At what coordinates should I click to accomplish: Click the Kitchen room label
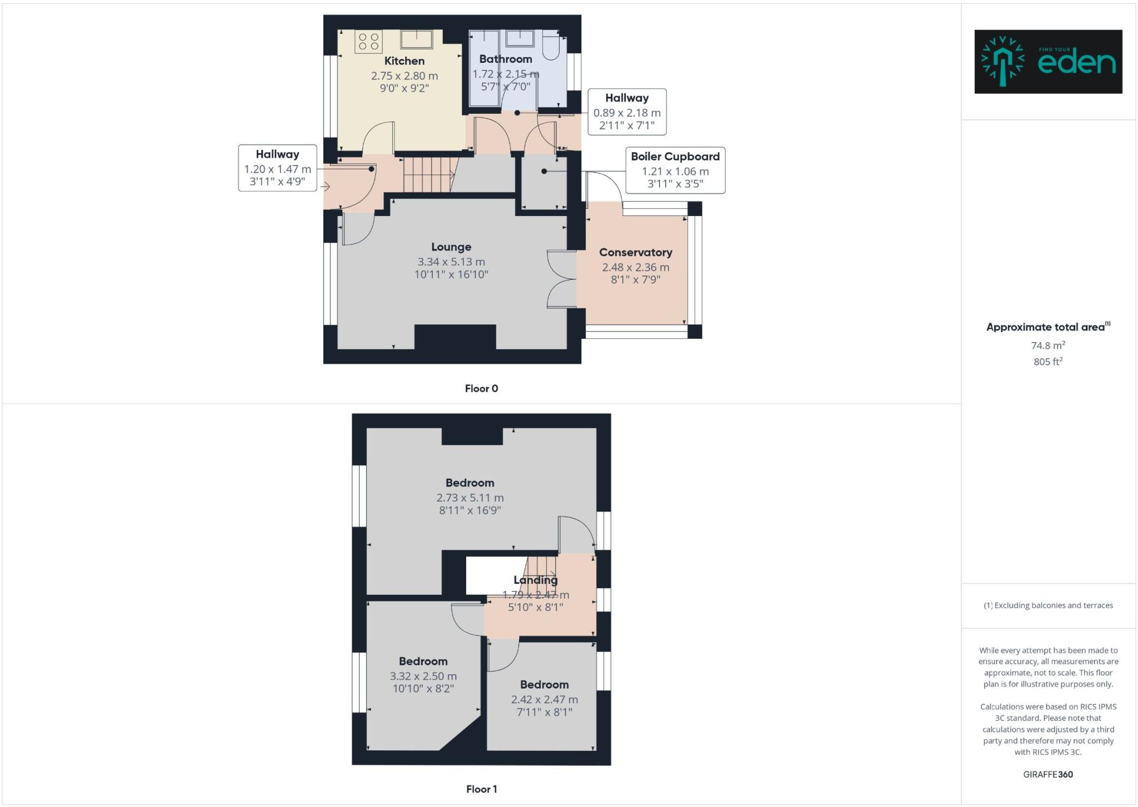[404, 61]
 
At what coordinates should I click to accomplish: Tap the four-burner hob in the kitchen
[368, 42]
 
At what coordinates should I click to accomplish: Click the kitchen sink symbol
[417, 39]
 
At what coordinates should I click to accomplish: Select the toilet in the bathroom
[552, 47]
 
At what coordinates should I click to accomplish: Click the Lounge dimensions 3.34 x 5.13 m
[451, 262]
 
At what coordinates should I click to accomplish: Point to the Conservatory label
[635, 252]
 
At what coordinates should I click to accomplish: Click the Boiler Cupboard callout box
[675, 170]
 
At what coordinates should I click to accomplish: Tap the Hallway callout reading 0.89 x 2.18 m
[627, 112]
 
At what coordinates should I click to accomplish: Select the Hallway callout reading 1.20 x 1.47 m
[277, 168]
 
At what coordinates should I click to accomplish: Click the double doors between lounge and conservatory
[561, 279]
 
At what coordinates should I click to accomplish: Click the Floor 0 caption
[481, 389]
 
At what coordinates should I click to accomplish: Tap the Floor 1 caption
[481, 789]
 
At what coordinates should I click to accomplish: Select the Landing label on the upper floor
[535, 580]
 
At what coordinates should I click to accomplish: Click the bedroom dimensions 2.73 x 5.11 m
[470, 498]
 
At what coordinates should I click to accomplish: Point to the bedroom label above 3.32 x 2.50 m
[423, 661]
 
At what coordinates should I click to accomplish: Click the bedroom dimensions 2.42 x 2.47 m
[544, 700]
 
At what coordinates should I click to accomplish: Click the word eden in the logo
[1076, 63]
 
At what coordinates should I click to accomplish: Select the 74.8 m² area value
[1048, 345]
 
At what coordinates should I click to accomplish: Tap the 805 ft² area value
[1048, 362]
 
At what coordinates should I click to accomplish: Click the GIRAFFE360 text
[1048, 774]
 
